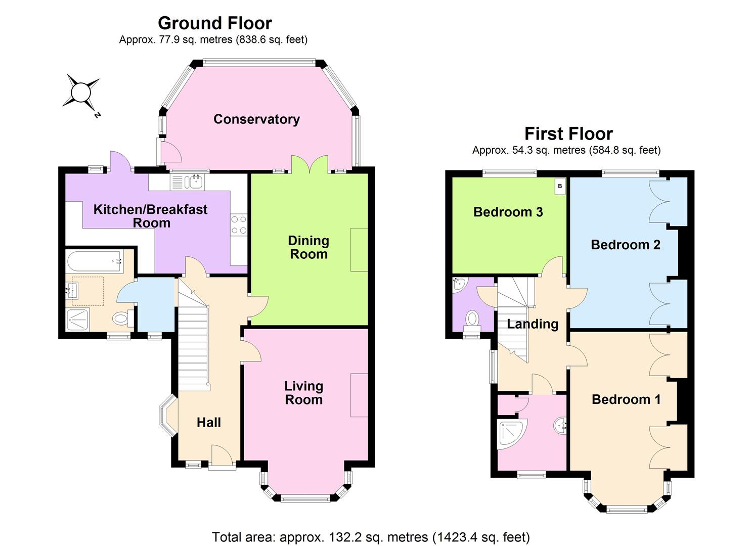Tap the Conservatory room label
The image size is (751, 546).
click(256, 119)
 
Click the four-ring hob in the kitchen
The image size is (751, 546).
click(239, 225)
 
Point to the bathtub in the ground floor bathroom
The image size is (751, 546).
click(94, 261)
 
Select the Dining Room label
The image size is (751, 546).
click(308, 247)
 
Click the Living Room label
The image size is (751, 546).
click(303, 393)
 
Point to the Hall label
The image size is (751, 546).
click(208, 423)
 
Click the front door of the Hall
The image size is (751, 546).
click(222, 455)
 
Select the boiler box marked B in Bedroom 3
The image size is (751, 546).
click(560, 186)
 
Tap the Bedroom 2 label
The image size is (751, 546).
click(625, 245)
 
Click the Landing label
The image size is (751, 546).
click(533, 324)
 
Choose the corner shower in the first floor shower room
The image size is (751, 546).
click(511, 433)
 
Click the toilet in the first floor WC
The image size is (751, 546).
click(472, 318)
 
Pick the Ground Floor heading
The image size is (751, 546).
click(214, 23)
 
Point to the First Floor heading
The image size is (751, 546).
click(568, 134)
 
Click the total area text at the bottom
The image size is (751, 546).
click(371, 536)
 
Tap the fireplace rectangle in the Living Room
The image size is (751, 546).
click(360, 395)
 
